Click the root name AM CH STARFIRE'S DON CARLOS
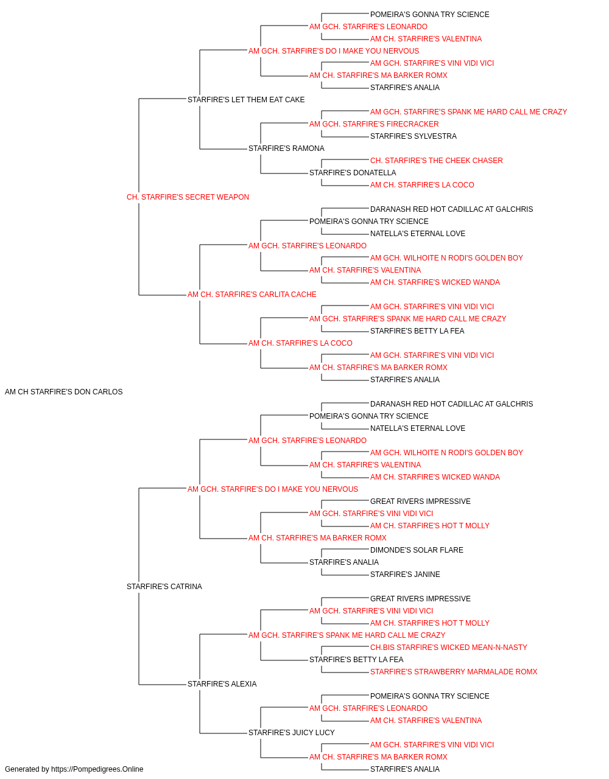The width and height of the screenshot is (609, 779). point(63,392)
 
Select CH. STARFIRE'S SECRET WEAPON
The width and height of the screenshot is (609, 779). point(188,197)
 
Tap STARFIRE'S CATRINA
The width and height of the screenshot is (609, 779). point(164,587)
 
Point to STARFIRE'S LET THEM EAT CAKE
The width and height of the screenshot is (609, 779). point(246,100)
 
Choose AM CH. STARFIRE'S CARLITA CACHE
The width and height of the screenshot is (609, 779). point(252,295)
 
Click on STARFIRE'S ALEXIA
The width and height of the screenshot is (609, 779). point(222,684)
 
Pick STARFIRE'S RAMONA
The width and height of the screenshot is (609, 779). point(286,148)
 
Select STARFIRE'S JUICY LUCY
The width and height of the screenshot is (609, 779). point(291,733)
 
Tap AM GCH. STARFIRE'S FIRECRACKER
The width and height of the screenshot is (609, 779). point(374,124)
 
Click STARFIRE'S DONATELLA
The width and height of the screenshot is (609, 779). point(353,173)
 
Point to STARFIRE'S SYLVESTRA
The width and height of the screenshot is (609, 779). point(413,136)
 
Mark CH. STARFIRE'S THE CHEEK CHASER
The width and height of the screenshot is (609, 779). point(436,161)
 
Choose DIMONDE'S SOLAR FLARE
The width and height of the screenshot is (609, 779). point(417,550)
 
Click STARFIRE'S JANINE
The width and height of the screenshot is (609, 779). point(405,575)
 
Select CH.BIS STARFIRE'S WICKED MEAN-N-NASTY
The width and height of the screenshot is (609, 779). point(448,648)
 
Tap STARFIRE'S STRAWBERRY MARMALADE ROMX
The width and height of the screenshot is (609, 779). point(454,672)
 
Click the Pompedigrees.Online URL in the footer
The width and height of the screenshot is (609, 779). point(97,769)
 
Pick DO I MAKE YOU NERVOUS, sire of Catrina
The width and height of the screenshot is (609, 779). point(273,489)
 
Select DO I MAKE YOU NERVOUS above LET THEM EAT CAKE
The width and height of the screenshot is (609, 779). point(334,51)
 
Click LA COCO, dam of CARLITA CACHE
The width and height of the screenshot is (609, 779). point(300,343)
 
